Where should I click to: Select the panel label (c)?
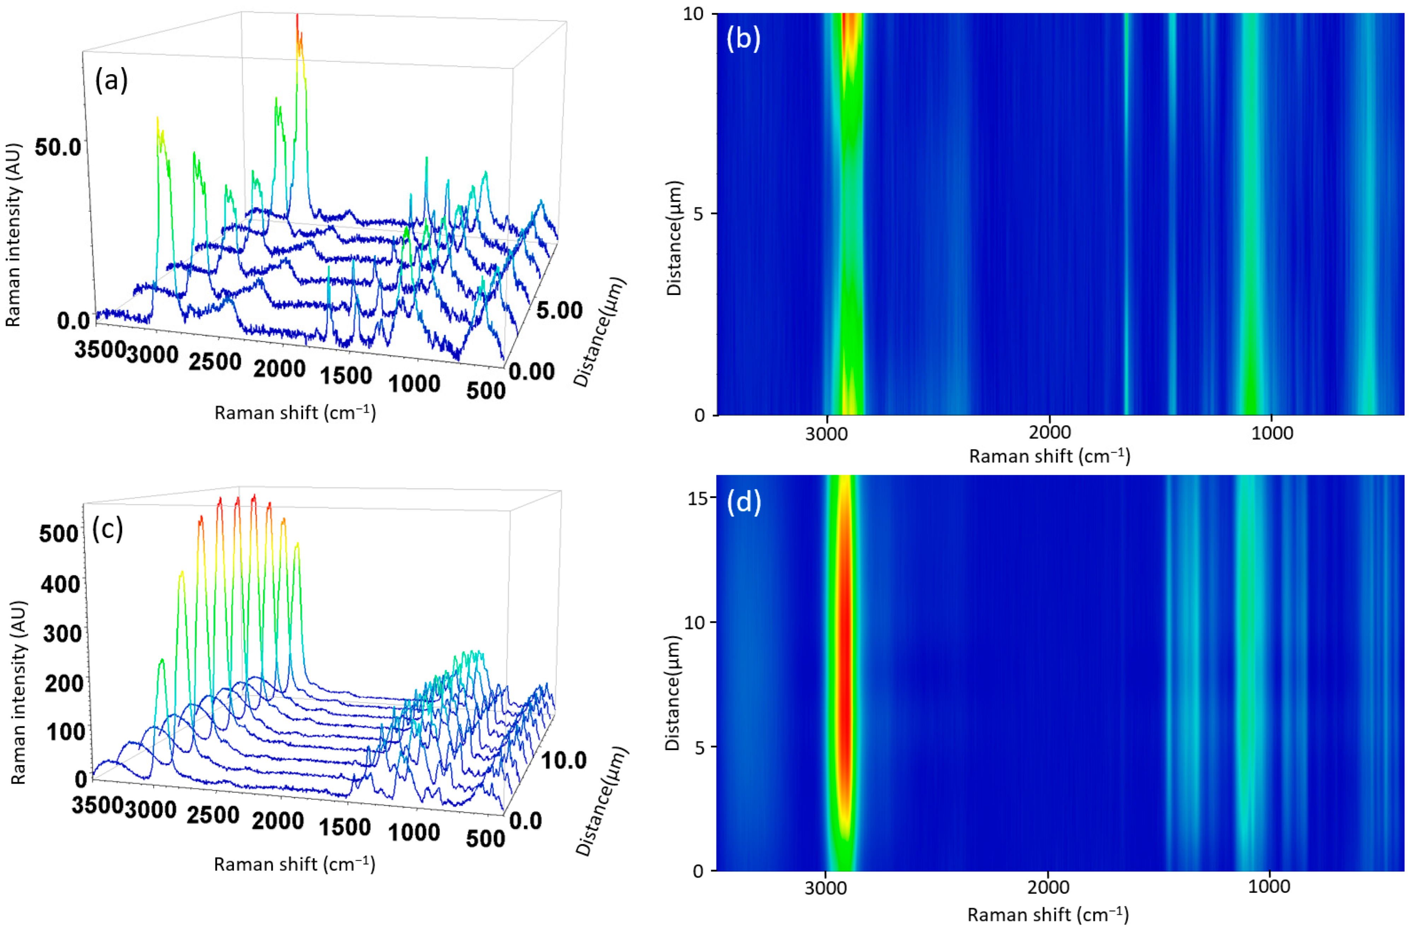point(108,528)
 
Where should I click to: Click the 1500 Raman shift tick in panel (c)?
point(345,827)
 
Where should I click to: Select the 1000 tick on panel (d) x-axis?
point(1271,887)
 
